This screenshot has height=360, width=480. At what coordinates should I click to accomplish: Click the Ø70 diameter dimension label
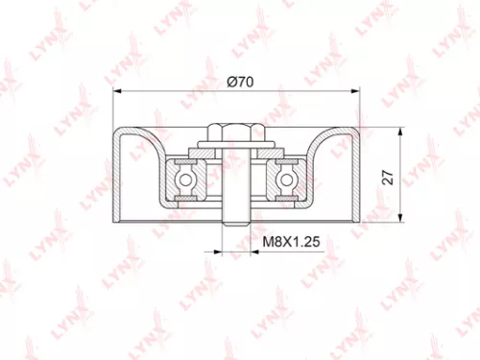pyautogui.click(x=238, y=83)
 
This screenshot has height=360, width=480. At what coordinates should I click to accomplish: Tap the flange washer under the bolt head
pyautogui.click(x=236, y=149)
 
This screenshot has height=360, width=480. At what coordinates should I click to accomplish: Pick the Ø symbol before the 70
pyautogui.click(x=231, y=83)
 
